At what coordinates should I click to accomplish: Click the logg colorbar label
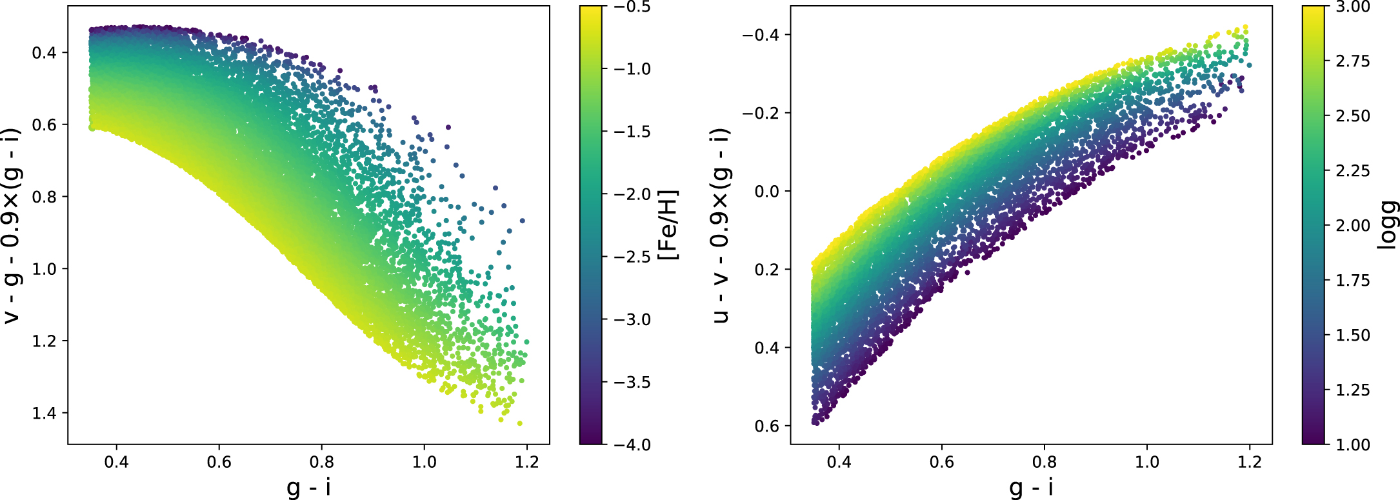tap(1387, 225)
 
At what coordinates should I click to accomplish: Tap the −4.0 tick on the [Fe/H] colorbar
tap(632, 445)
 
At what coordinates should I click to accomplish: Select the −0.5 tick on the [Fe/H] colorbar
tap(632, 6)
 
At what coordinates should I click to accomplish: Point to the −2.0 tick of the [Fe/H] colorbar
tap(632, 194)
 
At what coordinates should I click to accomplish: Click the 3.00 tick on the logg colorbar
tap(1352, 6)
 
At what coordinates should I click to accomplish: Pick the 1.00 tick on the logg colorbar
tap(1352, 445)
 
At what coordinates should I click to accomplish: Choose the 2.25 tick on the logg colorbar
tap(1352, 170)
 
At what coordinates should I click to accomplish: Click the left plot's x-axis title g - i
tap(308, 486)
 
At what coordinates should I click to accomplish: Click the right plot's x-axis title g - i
tap(1031, 486)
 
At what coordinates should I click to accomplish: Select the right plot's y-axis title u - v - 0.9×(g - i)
tap(721, 225)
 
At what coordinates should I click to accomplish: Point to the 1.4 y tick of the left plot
tap(45, 413)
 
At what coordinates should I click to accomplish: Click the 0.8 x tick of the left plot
tap(321, 462)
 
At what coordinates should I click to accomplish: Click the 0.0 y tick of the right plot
tap(766, 191)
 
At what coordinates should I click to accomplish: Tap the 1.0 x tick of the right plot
tap(1146, 462)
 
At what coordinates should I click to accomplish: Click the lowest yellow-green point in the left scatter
tap(520, 423)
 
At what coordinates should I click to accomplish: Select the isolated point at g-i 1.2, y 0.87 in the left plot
tap(522, 221)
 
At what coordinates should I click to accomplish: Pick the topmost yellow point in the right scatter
tap(1245, 28)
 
